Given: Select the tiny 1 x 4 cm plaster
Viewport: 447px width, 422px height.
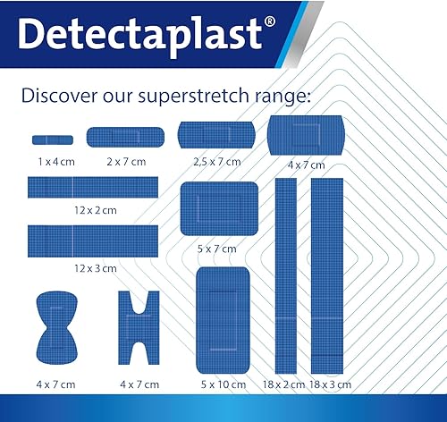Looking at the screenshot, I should tap(53, 139).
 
